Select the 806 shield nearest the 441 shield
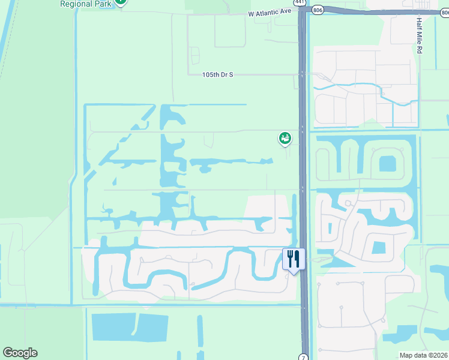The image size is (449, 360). (x=317, y=9)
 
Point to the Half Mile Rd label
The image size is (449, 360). (x=419, y=35)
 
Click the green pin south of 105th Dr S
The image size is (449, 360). (x=285, y=139)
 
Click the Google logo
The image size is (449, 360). (x=20, y=353)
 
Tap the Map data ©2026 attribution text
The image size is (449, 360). (x=423, y=355)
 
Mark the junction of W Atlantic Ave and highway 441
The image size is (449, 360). (x=303, y=11)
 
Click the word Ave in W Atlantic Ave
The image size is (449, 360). (x=284, y=12)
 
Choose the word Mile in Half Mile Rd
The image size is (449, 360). (x=419, y=35)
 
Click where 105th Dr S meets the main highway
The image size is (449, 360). (x=302, y=74)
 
